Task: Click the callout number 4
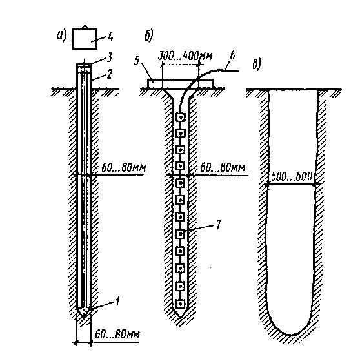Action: click(x=111, y=36)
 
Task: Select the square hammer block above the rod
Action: click(x=85, y=39)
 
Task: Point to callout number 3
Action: click(x=110, y=57)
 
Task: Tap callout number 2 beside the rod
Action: click(x=109, y=74)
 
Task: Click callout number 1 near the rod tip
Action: click(x=117, y=301)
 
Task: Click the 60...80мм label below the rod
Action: click(x=117, y=335)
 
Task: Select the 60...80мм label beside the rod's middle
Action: click(x=124, y=168)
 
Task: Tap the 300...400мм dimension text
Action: click(x=185, y=56)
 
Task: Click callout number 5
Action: click(x=137, y=61)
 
